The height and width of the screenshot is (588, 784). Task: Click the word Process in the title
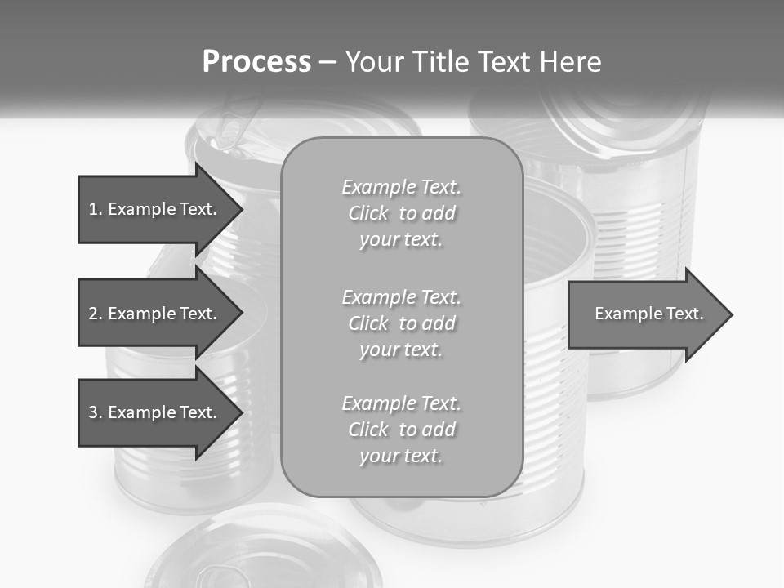click(256, 62)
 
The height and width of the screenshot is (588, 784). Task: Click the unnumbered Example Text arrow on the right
click(645, 314)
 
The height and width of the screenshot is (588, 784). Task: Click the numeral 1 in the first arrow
click(92, 209)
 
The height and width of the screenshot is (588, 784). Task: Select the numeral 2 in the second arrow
click(93, 314)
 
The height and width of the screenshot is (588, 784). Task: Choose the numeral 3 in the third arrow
click(93, 412)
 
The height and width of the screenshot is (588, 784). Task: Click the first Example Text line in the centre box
click(401, 187)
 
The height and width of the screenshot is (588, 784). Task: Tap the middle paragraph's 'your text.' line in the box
click(401, 350)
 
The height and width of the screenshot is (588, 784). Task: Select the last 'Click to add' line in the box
click(401, 430)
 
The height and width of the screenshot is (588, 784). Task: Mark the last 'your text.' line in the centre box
click(401, 456)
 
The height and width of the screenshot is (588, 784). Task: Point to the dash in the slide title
click(328, 63)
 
